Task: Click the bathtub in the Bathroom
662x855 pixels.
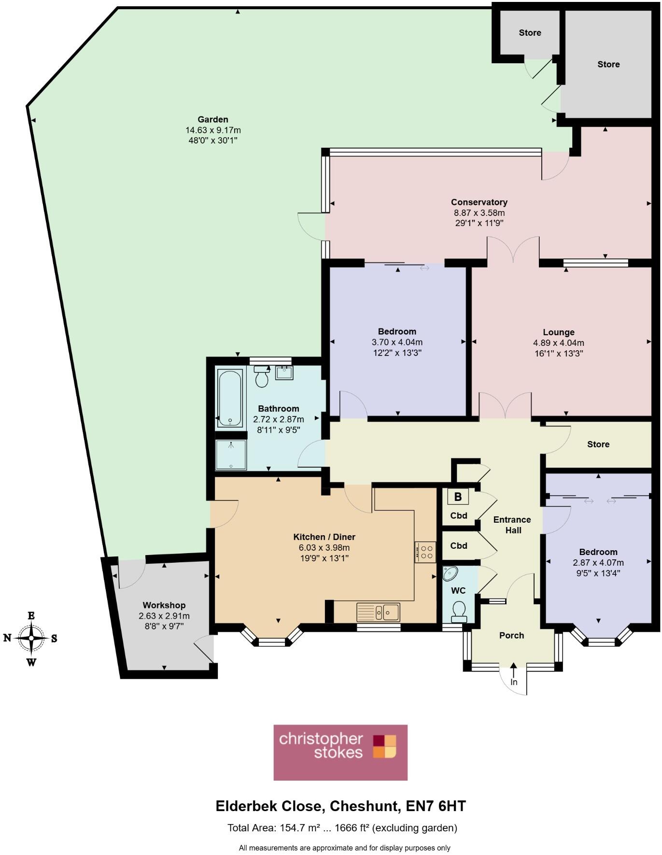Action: coord(230,399)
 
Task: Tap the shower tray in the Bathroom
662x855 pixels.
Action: coord(231,455)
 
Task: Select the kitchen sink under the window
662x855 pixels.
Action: coord(378,612)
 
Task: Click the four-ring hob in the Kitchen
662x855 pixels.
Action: coord(425,552)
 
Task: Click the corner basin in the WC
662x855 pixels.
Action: coord(450,573)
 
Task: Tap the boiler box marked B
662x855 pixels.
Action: coord(458,496)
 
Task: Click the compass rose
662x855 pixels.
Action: coord(31,638)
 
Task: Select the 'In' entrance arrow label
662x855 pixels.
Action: coord(514,682)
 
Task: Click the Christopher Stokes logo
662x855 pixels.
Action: coord(340,752)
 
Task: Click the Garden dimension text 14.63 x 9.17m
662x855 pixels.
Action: coord(213,130)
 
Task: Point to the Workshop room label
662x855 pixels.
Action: coord(164,605)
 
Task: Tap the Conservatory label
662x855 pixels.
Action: coord(479,202)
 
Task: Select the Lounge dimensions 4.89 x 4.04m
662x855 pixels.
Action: coord(558,343)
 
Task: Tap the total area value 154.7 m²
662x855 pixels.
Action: coord(300,828)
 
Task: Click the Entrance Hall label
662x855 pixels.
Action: coord(512,525)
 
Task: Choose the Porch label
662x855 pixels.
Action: coord(511,635)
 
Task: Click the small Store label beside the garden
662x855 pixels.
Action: coord(530,33)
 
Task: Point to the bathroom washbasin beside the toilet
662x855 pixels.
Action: coord(284,373)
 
